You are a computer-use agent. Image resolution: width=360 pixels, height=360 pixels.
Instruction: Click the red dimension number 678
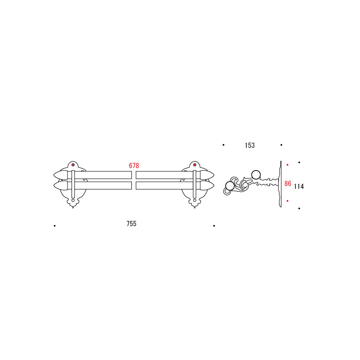tap(134, 166)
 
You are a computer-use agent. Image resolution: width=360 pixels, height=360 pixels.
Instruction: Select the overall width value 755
tap(131, 224)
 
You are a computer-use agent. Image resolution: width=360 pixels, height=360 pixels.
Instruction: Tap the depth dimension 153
tap(250, 145)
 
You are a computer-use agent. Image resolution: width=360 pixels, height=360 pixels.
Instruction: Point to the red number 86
tap(288, 184)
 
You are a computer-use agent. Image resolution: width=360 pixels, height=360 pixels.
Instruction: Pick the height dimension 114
tap(299, 186)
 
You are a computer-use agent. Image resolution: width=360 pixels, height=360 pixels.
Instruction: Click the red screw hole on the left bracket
tap(73, 165)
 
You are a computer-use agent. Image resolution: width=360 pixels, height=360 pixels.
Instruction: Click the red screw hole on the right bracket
tap(195, 165)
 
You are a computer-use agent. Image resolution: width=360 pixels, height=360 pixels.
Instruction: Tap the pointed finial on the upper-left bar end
tap(61, 175)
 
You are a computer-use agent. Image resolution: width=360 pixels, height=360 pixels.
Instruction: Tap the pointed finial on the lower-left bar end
tap(61, 185)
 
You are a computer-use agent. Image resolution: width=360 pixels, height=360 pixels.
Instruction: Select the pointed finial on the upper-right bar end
tap(207, 175)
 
